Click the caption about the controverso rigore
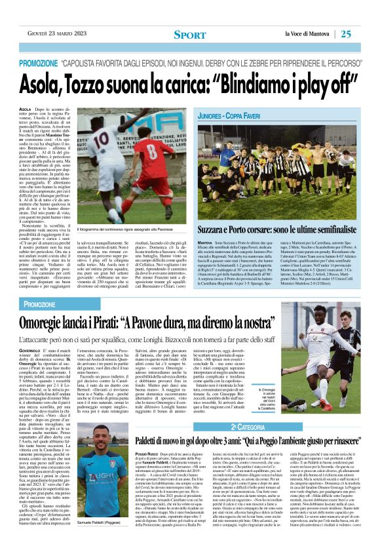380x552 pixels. (x=117, y=229)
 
